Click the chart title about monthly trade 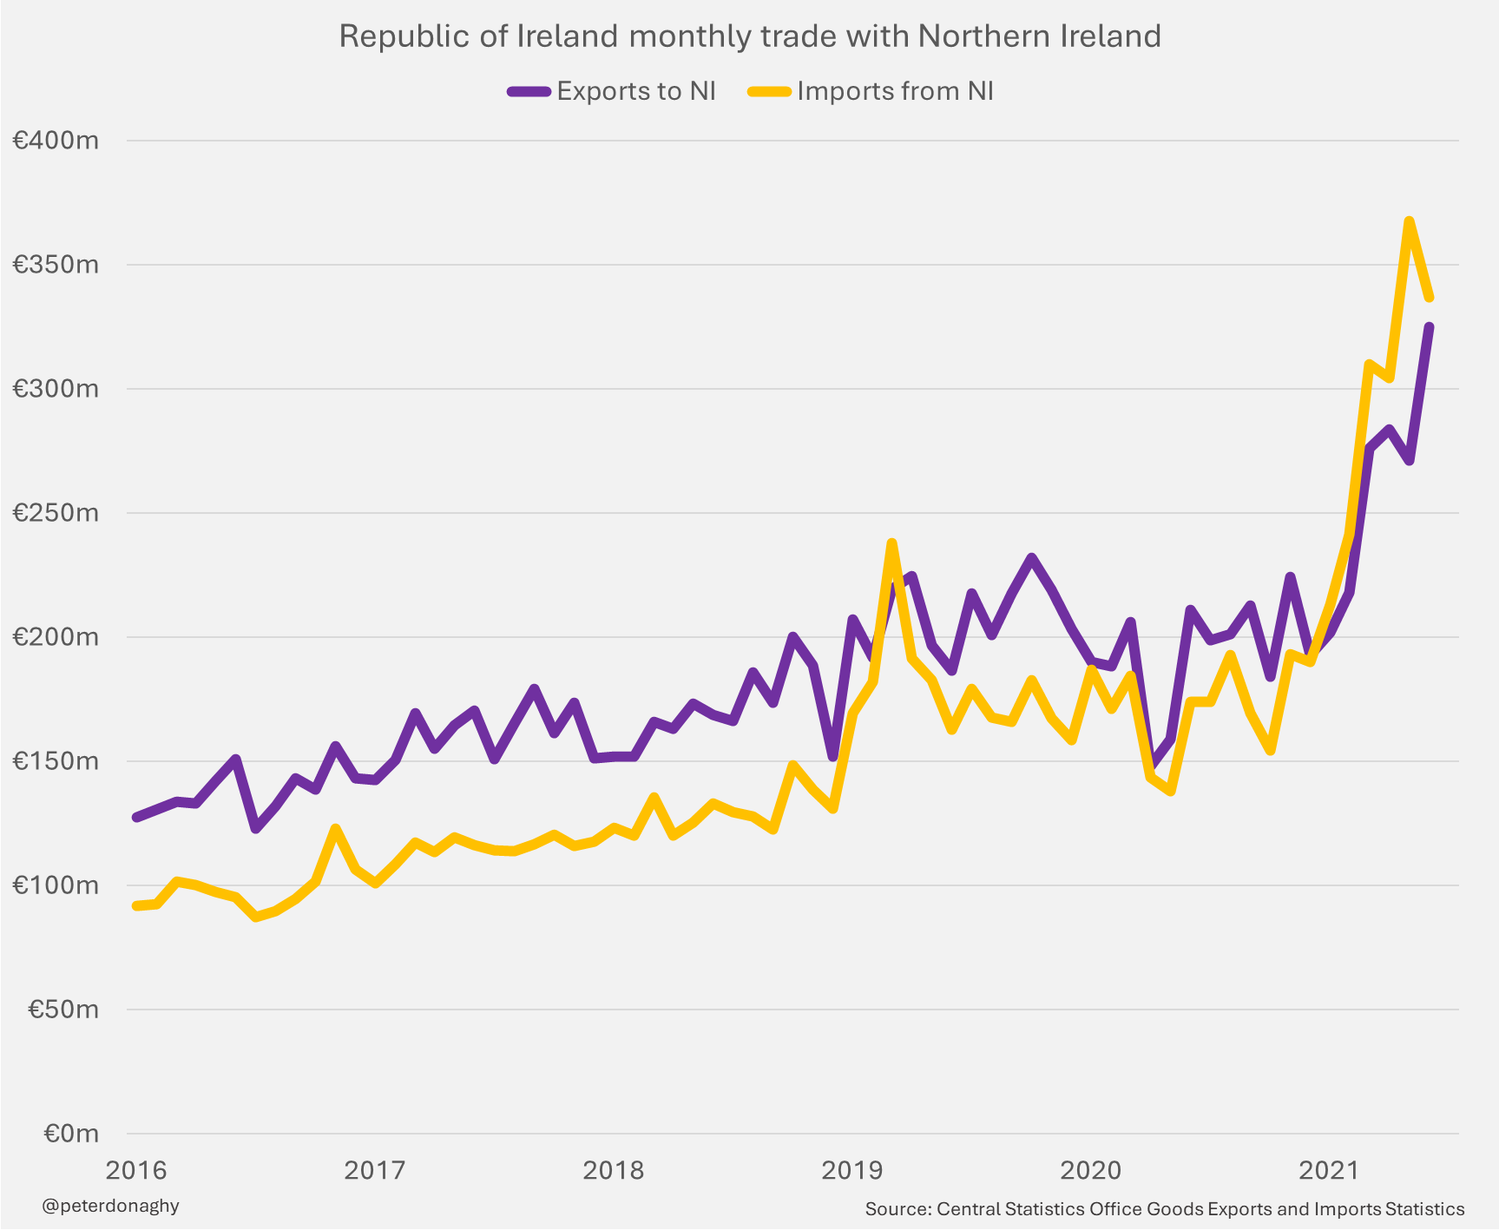749,36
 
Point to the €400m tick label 56,140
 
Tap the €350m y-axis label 56,264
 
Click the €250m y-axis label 56,512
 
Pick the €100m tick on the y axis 56,885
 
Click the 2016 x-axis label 135,1170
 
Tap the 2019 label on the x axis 851,1170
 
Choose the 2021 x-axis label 1328,1170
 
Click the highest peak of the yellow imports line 1409,221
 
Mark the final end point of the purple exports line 1429,326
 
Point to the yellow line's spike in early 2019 891,543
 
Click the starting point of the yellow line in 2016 136,905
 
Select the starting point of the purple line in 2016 136,817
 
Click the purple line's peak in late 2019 1031,557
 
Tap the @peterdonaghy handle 110,1206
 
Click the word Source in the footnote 897,1209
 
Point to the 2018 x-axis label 613,1170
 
